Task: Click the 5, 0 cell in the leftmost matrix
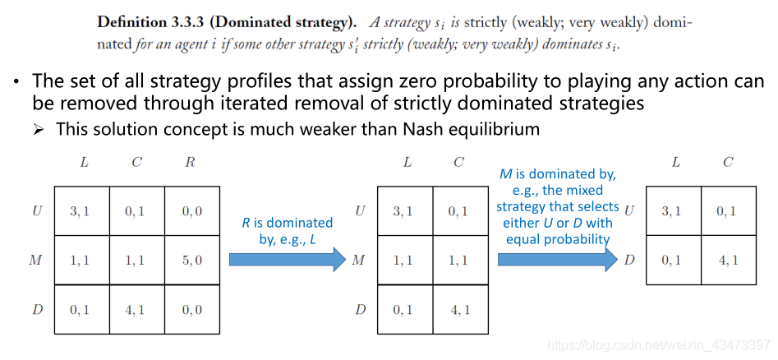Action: click(191, 260)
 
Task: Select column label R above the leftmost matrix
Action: click(191, 163)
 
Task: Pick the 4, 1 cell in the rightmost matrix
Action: click(727, 261)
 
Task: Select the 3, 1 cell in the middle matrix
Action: click(403, 211)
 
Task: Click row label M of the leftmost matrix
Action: click(35, 260)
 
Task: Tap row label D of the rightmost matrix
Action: click(629, 260)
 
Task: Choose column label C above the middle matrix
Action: click(458, 163)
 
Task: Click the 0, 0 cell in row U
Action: click(191, 211)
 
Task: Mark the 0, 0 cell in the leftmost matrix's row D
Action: click(191, 309)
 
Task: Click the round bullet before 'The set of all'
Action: click(16, 83)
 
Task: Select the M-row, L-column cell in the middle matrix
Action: click(403, 260)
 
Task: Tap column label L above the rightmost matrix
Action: click(675, 163)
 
